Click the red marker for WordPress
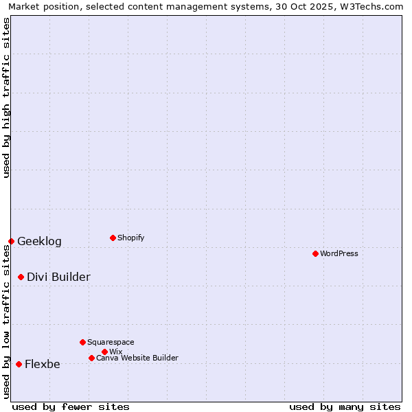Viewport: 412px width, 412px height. coord(315,253)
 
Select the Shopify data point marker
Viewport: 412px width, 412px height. coord(113,238)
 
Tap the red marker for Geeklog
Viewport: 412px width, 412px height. coord(11,241)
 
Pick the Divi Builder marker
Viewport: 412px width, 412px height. coord(21,277)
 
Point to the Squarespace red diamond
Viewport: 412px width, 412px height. coord(82,342)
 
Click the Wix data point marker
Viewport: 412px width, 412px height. coord(104,352)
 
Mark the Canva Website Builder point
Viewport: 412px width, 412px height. coord(91,358)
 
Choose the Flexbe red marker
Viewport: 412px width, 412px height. coord(19,364)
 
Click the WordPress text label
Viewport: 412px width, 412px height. coord(339,253)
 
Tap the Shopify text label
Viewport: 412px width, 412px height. coord(131,238)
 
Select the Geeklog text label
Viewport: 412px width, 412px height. coord(39,241)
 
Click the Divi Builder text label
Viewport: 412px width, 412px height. coord(58,277)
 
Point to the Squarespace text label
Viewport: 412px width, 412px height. coord(111,342)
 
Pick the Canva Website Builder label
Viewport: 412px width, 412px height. coord(137,358)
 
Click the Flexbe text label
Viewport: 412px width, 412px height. coord(43,364)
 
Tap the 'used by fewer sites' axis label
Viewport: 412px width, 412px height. coord(71,407)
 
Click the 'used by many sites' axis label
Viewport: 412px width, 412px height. coord(345,407)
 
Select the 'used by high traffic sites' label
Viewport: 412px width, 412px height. coord(6,98)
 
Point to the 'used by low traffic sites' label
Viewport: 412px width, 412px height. coord(6,321)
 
